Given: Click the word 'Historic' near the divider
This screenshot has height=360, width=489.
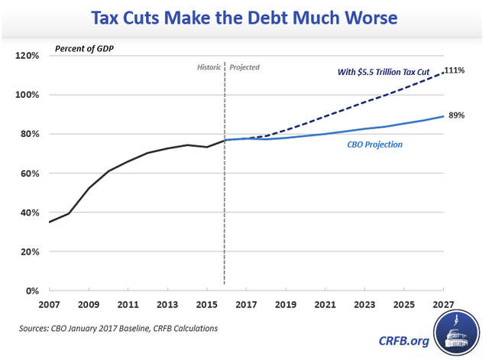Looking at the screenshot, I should (x=208, y=67).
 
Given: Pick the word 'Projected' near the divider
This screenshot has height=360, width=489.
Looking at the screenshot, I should (x=244, y=67).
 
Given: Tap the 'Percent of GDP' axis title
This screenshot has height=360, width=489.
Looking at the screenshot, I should (x=89, y=50).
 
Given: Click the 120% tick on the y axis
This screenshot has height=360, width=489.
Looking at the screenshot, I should (x=28, y=56).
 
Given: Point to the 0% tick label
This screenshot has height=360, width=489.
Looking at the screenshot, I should (x=34, y=291).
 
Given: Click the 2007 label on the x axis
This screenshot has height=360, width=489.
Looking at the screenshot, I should (x=49, y=304).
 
